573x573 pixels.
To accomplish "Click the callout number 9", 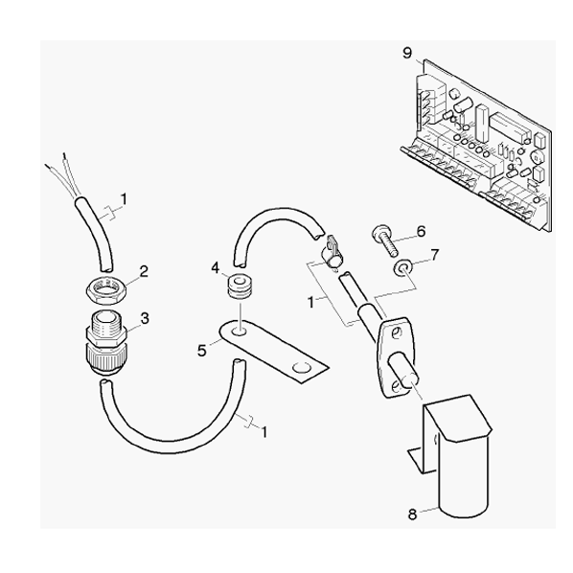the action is coord(407,54).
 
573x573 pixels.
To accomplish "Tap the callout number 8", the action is coord(412,515).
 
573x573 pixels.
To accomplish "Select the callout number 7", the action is coord(434,255).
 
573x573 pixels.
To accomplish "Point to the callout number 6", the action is coord(422,231).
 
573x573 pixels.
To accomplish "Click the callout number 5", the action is coord(202,351).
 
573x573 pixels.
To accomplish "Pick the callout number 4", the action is coord(215,268).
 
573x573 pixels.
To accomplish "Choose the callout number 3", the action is coord(145,319).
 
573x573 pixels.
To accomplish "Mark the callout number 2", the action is coord(144,271).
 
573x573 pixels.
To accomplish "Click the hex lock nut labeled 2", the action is coord(106,287).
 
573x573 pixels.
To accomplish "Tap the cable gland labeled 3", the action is coord(106,343).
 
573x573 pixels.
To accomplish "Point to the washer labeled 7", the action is coord(401,268).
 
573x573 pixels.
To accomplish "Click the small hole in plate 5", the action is coord(240,332).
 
